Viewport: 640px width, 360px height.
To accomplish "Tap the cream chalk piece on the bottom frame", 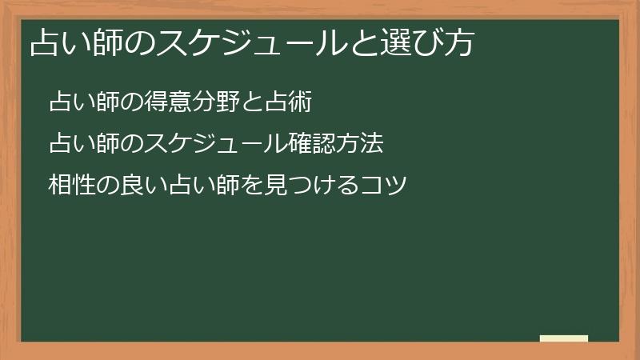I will pos(564,339).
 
